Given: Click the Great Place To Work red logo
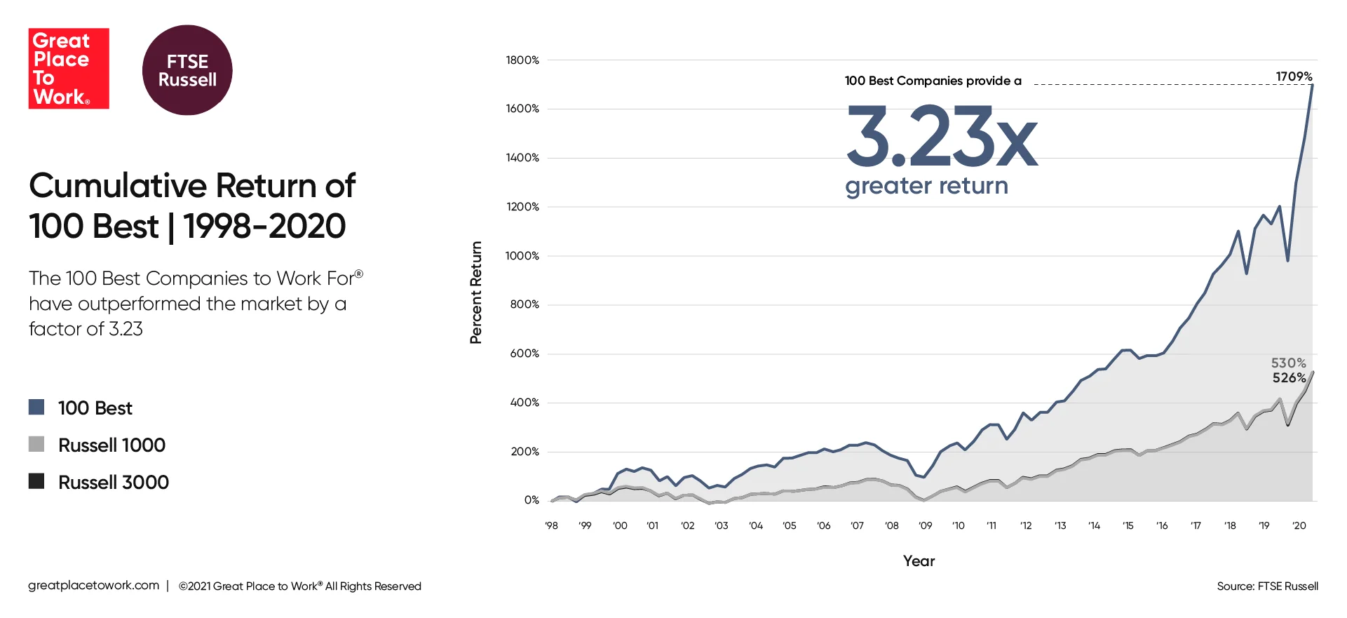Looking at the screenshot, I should [69, 68].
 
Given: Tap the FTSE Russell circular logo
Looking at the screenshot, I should [187, 70].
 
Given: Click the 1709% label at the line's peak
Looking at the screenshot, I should [1293, 76].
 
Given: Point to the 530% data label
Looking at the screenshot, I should [1288, 363].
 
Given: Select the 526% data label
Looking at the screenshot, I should [1289, 377].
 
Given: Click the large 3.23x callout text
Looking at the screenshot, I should [941, 137].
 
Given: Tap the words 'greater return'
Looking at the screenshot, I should [926, 186].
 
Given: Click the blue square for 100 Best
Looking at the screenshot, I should [36, 407].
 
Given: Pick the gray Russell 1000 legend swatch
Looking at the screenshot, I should [36, 444].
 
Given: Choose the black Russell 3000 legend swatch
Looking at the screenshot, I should [36, 481].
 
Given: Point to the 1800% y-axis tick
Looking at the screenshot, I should [522, 60].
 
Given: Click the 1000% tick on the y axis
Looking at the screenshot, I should [522, 256].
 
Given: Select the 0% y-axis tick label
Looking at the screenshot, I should [531, 500].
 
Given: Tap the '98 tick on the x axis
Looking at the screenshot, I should [551, 525].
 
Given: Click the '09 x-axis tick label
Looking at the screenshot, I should [925, 525].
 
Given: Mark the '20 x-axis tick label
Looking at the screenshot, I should [1299, 525].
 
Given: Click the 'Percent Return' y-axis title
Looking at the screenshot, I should [476, 293].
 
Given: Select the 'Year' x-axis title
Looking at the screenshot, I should [919, 561].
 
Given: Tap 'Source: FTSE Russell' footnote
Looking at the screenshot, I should [1267, 586].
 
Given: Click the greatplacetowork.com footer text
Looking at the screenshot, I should [94, 585].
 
